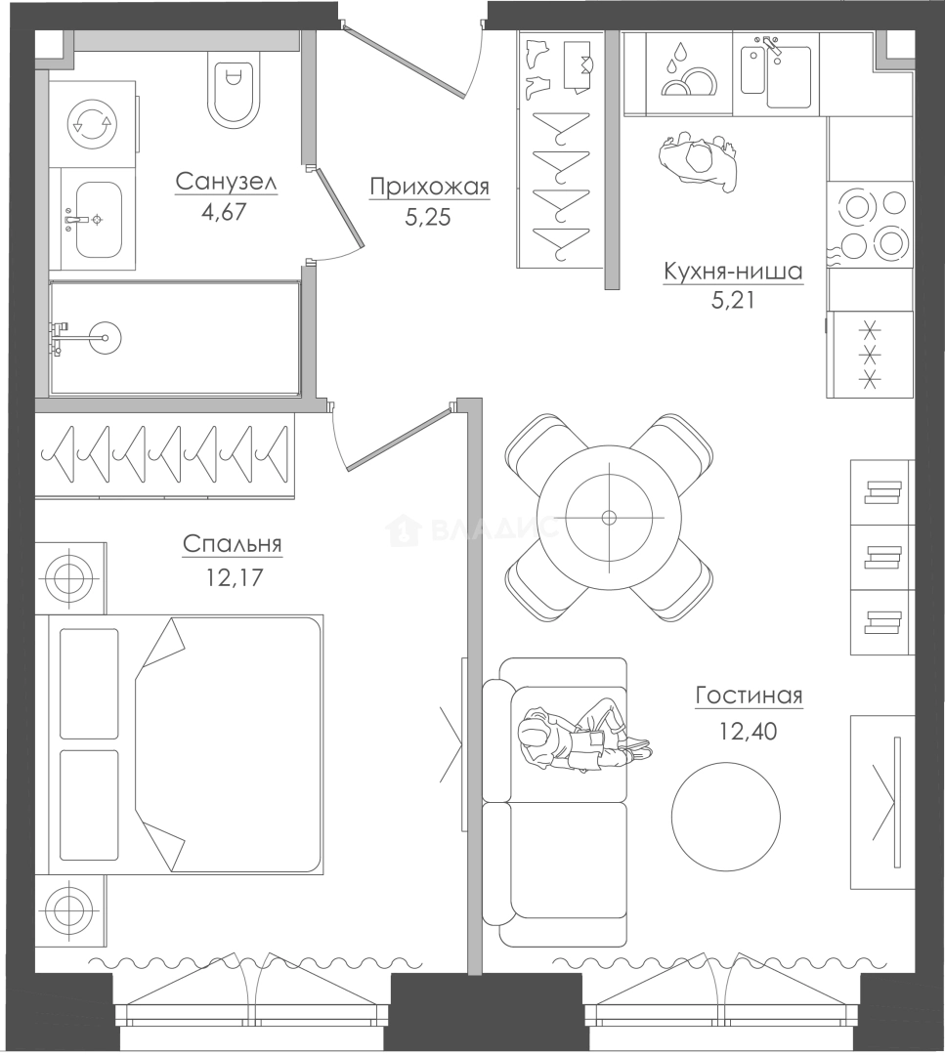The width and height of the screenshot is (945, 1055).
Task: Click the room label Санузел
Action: [226, 181]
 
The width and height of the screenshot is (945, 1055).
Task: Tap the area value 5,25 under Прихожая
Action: [427, 217]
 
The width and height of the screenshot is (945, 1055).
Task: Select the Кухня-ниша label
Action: [733, 272]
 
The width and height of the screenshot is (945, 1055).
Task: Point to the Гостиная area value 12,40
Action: [748, 731]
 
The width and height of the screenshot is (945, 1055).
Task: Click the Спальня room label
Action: [233, 544]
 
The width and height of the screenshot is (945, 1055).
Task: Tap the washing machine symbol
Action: [93, 123]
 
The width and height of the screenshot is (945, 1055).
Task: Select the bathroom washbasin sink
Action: [99, 220]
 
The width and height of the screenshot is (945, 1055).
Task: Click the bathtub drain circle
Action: [105, 334]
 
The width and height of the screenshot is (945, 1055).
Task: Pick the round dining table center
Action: [609, 518]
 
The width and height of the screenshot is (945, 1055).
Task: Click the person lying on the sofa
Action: [582, 737]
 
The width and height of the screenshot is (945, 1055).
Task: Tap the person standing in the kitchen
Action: [698, 159]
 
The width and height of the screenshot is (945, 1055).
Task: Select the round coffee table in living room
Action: [726, 815]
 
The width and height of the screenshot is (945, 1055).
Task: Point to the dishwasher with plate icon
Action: [689, 74]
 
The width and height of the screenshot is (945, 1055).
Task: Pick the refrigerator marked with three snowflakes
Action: [871, 354]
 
